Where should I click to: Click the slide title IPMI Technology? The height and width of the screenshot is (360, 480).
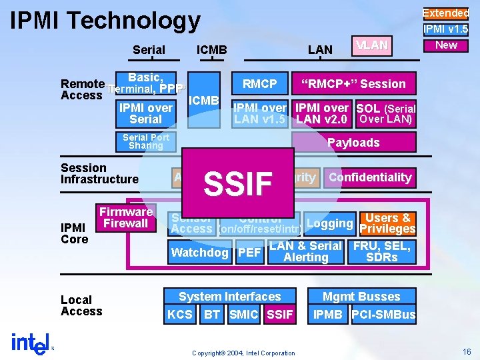pyautogui.click(x=105, y=21)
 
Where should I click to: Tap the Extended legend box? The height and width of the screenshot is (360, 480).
pyautogui.click(x=446, y=13)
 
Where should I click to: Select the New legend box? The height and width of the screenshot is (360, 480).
pyautogui.click(x=446, y=45)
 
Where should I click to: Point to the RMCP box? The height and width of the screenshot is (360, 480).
pyautogui.click(x=259, y=83)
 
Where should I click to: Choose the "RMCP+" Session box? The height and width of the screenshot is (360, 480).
pyautogui.click(x=353, y=83)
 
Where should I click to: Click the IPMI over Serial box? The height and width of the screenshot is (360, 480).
pyautogui.click(x=145, y=113)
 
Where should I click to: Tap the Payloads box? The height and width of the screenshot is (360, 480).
pyautogui.click(x=353, y=142)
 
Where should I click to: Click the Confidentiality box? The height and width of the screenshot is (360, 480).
pyautogui.click(x=370, y=177)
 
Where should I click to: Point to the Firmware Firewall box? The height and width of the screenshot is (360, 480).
pyautogui.click(x=126, y=217)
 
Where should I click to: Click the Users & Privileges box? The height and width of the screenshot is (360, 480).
pyautogui.click(x=387, y=223)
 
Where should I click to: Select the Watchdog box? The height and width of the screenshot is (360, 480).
pyautogui.click(x=200, y=253)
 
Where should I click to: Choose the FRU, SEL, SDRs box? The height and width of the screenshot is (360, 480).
pyautogui.click(x=382, y=251)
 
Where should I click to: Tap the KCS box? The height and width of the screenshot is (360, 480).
pyautogui.click(x=180, y=315)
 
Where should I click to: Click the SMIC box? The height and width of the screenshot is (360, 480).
pyautogui.click(x=243, y=315)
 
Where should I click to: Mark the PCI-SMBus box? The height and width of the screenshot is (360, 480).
pyautogui.click(x=383, y=315)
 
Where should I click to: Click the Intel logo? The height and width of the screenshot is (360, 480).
pyautogui.click(x=30, y=341)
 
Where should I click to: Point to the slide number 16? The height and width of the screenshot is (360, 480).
pyautogui.click(x=465, y=351)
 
